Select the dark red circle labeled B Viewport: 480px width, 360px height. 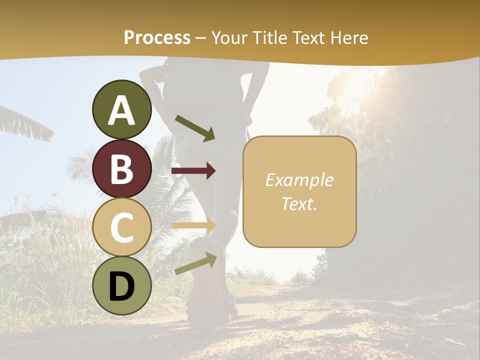122,168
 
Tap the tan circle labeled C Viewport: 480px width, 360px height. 122,227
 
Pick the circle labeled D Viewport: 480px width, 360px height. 122,285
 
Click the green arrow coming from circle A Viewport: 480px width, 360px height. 195,128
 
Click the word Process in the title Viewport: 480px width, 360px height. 157,37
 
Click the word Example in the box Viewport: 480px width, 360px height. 299,180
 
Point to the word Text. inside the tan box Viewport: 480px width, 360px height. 299,203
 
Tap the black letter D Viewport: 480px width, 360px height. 122,286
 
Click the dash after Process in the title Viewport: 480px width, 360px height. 200,38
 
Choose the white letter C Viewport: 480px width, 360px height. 122,228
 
